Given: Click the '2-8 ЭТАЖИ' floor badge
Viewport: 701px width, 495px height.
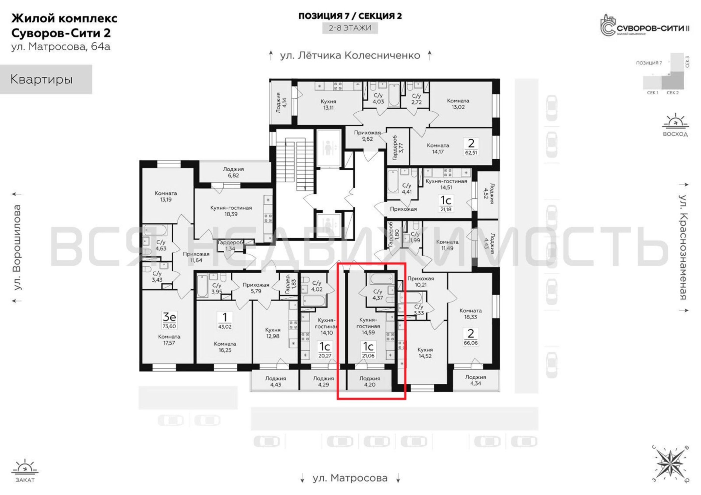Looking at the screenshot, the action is point(350,28).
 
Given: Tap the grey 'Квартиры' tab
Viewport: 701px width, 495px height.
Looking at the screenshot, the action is point(46,79).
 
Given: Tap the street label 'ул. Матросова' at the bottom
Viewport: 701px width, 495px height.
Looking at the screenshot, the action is point(350,478).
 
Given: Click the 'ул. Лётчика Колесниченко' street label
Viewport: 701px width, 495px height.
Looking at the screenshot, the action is point(350,55).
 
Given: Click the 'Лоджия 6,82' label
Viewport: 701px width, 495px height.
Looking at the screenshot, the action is point(233,172).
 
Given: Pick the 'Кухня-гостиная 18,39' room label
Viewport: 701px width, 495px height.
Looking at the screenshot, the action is point(231,211).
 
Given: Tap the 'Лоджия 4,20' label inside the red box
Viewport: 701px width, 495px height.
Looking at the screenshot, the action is point(370,381).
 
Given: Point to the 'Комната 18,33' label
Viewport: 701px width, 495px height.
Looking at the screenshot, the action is point(470,314).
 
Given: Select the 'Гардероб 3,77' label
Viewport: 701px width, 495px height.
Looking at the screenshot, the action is point(398,148).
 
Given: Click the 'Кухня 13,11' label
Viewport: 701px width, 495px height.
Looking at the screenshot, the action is point(328,104).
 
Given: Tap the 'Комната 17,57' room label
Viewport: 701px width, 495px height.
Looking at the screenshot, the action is point(169,340).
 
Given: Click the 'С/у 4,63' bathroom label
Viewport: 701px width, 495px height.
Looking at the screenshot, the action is point(161,245).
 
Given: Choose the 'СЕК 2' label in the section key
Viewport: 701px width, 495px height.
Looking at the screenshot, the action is point(673,93).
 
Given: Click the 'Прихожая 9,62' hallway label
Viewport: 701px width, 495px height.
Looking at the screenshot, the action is point(367,136).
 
